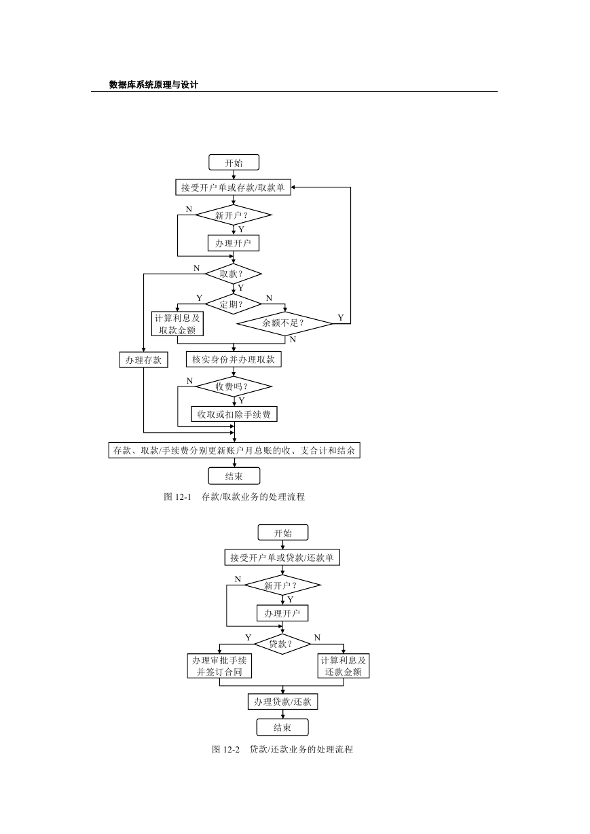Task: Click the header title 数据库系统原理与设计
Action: [153, 84]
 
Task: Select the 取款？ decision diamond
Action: [234, 274]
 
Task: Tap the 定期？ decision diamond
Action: [234, 304]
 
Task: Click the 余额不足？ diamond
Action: [284, 323]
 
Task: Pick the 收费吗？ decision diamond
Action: [234, 386]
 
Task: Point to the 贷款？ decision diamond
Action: [282, 644]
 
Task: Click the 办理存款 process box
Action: [144, 360]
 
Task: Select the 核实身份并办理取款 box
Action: [234, 359]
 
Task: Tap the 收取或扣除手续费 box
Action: [234, 414]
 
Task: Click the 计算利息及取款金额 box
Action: [178, 323]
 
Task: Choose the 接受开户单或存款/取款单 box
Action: [233, 187]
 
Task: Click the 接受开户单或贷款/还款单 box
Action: [282, 558]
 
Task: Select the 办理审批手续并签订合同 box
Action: [219, 666]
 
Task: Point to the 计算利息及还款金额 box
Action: [344, 666]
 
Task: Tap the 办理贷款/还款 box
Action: [283, 702]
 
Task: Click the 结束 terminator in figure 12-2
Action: [282, 727]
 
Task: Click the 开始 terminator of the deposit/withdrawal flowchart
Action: [234, 163]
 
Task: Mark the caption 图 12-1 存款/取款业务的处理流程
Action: [234, 496]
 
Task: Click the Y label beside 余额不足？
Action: [341, 318]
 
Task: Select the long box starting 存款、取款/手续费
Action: [234, 450]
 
